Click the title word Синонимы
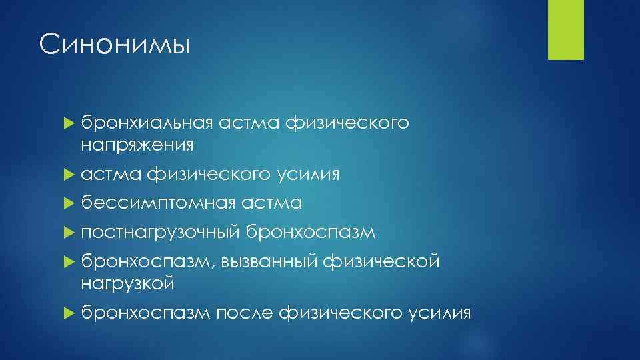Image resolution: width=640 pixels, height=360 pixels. click(115, 46)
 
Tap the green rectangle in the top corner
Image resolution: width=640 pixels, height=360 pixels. click(565, 29)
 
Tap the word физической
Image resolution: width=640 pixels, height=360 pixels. click(381, 262)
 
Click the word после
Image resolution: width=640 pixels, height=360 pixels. click(245, 312)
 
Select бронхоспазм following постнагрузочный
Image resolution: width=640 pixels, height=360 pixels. click(311, 233)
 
